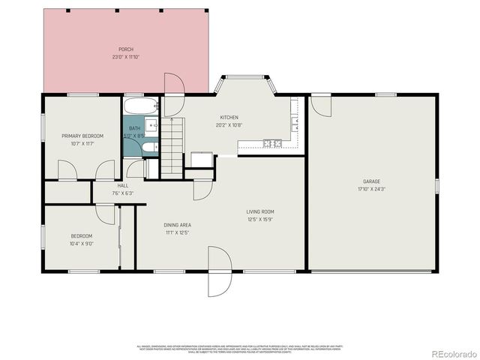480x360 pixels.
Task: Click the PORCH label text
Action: pyautogui.click(x=126, y=49)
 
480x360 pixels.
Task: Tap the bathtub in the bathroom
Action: pyautogui.click(x=141, y=106)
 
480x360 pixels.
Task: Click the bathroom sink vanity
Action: pyautogui.click(x=151, y=125)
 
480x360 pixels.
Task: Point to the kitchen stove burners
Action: pyautogui.click(x=271, y=143)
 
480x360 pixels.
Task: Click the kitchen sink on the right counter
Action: pyautogui.click(x=295, y=121)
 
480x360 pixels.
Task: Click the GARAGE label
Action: pyautogui.click(x=372, y=181)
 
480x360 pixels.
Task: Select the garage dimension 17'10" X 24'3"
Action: pyautogui.click(x=372, y=189)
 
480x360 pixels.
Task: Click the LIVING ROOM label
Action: pyautogui.click(x=260, y=211)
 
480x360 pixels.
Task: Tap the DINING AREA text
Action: pyautogui.click(x=177, y=225)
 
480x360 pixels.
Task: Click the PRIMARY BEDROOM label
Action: pyautogui.click(x=82, y=136)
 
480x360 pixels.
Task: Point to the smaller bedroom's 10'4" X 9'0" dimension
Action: pyautogui.click(x=81, y=243)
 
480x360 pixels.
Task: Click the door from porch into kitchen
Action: pyautogui.click(x=174, y=84)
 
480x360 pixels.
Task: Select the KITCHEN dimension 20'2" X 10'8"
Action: pyautogui.click(x=229, y=125)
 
